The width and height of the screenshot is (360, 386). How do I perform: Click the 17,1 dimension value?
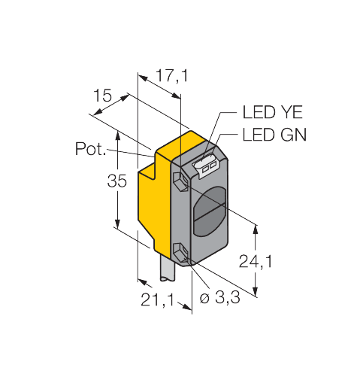[x=171, y=76]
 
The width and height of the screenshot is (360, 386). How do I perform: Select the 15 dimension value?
[x=102, y=96]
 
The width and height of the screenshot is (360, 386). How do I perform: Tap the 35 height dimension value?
[x=117, y=181]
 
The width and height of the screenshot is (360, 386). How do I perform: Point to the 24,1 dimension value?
[x=256, y=261]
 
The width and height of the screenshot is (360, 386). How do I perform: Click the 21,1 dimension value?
[x=157, y=299]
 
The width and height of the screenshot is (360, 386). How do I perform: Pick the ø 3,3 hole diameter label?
[x=219, y=298]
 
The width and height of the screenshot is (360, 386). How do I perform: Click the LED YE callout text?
[x=273, y=112]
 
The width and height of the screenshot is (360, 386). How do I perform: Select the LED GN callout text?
[x=274, y=135]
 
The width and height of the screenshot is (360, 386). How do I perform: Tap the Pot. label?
[x=90, y=149]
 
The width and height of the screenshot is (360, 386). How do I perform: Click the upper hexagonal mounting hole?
[x=180, y=181]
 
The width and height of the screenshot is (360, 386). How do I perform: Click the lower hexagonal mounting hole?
[x=180, y=254]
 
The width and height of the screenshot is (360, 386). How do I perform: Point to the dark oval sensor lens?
[x=210, y=212]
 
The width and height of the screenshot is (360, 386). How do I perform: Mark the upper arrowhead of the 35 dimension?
[x=117, y=135]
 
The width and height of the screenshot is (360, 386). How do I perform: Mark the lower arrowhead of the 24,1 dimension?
[x=256, y=291]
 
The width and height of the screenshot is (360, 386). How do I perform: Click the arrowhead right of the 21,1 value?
[x=186, y=307]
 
